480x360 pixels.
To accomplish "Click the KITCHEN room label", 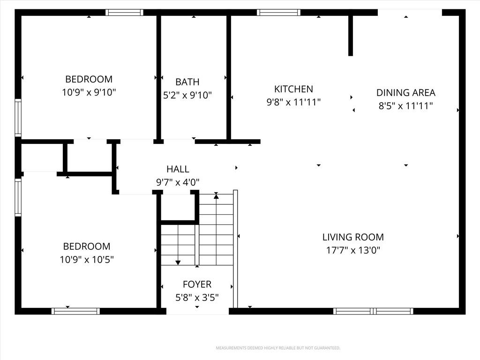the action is pos(293,89).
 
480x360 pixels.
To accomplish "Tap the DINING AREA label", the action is pos(405,92).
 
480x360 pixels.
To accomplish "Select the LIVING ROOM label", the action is pos(353,237).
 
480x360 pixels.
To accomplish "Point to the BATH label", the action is pos(187,82).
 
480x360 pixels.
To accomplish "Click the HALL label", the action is pos(178,169).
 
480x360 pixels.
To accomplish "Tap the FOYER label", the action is pos(197,285).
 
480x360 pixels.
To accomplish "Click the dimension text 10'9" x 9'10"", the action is pos(89,92).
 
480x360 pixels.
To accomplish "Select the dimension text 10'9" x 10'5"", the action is pos(87,260).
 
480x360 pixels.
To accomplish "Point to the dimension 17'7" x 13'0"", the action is pos(353,250).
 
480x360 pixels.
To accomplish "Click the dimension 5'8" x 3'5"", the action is pos(197,297).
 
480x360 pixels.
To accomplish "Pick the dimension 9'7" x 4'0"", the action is pos(178,182).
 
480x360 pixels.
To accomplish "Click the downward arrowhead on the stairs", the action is pos(178,262).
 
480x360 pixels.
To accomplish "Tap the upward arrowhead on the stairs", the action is pos(216,196).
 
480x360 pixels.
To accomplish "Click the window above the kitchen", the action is pos(278,12).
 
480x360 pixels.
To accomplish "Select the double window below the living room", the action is pos(373,311).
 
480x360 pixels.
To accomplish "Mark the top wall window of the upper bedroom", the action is pos(124,12).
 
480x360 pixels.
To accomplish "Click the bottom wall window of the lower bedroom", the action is pos(75,311).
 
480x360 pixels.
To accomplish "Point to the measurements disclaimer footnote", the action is pos(278,348).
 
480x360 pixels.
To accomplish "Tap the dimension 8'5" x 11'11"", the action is pos(405,105).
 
